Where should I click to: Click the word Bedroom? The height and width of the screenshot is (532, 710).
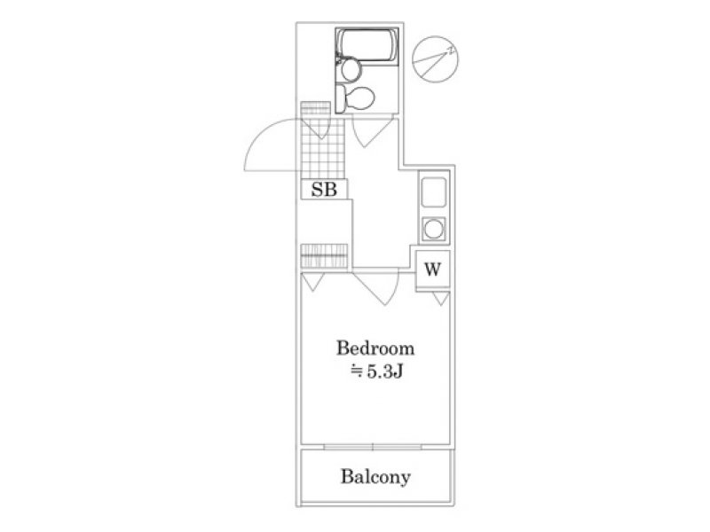pos(375,348)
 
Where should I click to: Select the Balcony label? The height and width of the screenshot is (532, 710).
pos(375,477)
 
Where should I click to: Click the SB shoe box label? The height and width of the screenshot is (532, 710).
pos(324,190)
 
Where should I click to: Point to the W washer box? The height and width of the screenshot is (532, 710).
pos(432,270)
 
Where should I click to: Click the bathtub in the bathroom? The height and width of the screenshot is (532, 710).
pos(367,45)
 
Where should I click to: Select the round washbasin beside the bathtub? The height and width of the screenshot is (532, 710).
pos(351,70)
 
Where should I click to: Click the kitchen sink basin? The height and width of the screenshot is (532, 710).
pos(434,192)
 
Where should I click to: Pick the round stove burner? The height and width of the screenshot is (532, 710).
pos(434,229)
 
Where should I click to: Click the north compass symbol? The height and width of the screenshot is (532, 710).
pos(435,59)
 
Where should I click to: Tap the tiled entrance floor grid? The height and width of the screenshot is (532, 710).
pos(323,149)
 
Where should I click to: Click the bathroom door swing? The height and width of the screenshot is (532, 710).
pos(372,132)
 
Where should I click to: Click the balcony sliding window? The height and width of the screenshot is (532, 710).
pos(373,447)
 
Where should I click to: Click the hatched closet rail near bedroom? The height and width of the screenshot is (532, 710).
pos(324,256)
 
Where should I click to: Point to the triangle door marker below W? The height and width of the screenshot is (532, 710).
pos(440,299)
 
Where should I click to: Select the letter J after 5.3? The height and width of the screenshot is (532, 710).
pos(398,372)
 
